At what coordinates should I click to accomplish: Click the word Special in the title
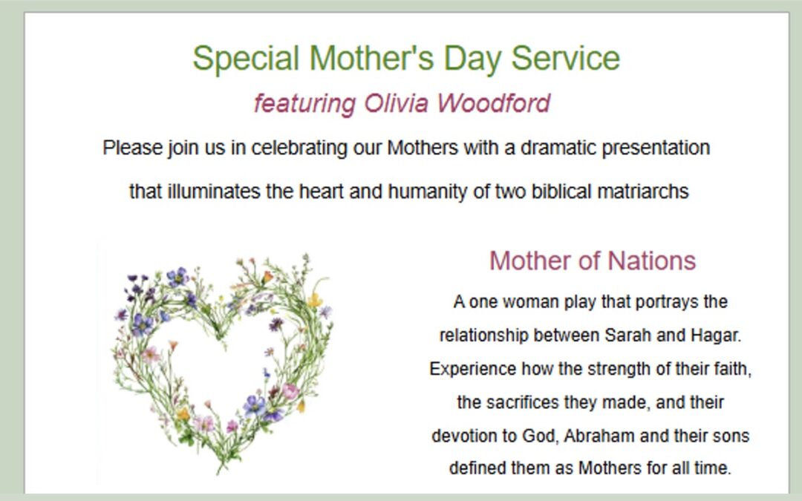[x=246, y=59]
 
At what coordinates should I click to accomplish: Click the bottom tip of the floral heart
[x=221, y=472]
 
